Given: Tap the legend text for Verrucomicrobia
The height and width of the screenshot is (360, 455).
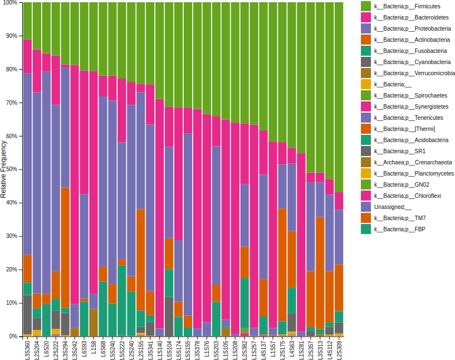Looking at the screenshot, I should tap(414, 73).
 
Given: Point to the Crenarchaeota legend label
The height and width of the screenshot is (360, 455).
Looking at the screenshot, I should tap(413, 162).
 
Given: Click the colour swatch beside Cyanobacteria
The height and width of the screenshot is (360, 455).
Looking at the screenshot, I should tap(366, 62).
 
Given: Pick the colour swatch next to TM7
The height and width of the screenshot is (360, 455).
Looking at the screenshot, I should tap(366, 218).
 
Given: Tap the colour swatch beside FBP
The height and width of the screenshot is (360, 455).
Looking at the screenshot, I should tap(366, 229).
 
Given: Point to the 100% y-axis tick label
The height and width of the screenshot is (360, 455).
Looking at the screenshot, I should tap(9, 3).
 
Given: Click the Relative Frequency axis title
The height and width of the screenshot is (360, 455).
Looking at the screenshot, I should tap(4, 169).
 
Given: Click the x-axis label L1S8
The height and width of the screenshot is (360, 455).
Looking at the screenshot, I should tap(94, 347).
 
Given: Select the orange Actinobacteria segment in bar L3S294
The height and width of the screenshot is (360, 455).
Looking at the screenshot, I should tap(65, 247).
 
